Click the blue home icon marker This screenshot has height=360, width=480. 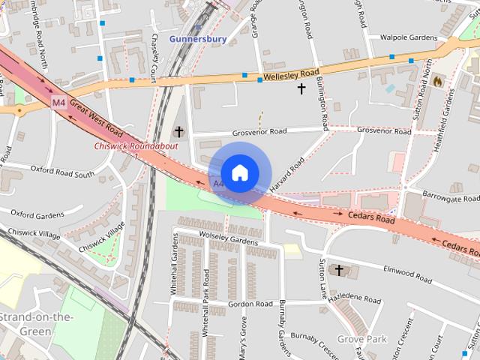(x=240, y=173)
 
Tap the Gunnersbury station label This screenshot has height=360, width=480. (x=198, y=38)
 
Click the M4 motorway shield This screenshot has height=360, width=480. (x=59, y=102)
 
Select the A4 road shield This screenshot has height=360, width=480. (x=218, y=183)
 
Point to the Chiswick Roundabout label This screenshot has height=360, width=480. (x=136, y=145)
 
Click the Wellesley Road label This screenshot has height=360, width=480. (x=290, y=74)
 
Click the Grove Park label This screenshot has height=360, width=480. (x=361, y=339)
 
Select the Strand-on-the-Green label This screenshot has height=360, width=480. (x=36, y=323)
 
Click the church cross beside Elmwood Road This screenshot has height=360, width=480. (x=338, y=269)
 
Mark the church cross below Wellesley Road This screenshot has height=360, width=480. (x=301, y=88)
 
